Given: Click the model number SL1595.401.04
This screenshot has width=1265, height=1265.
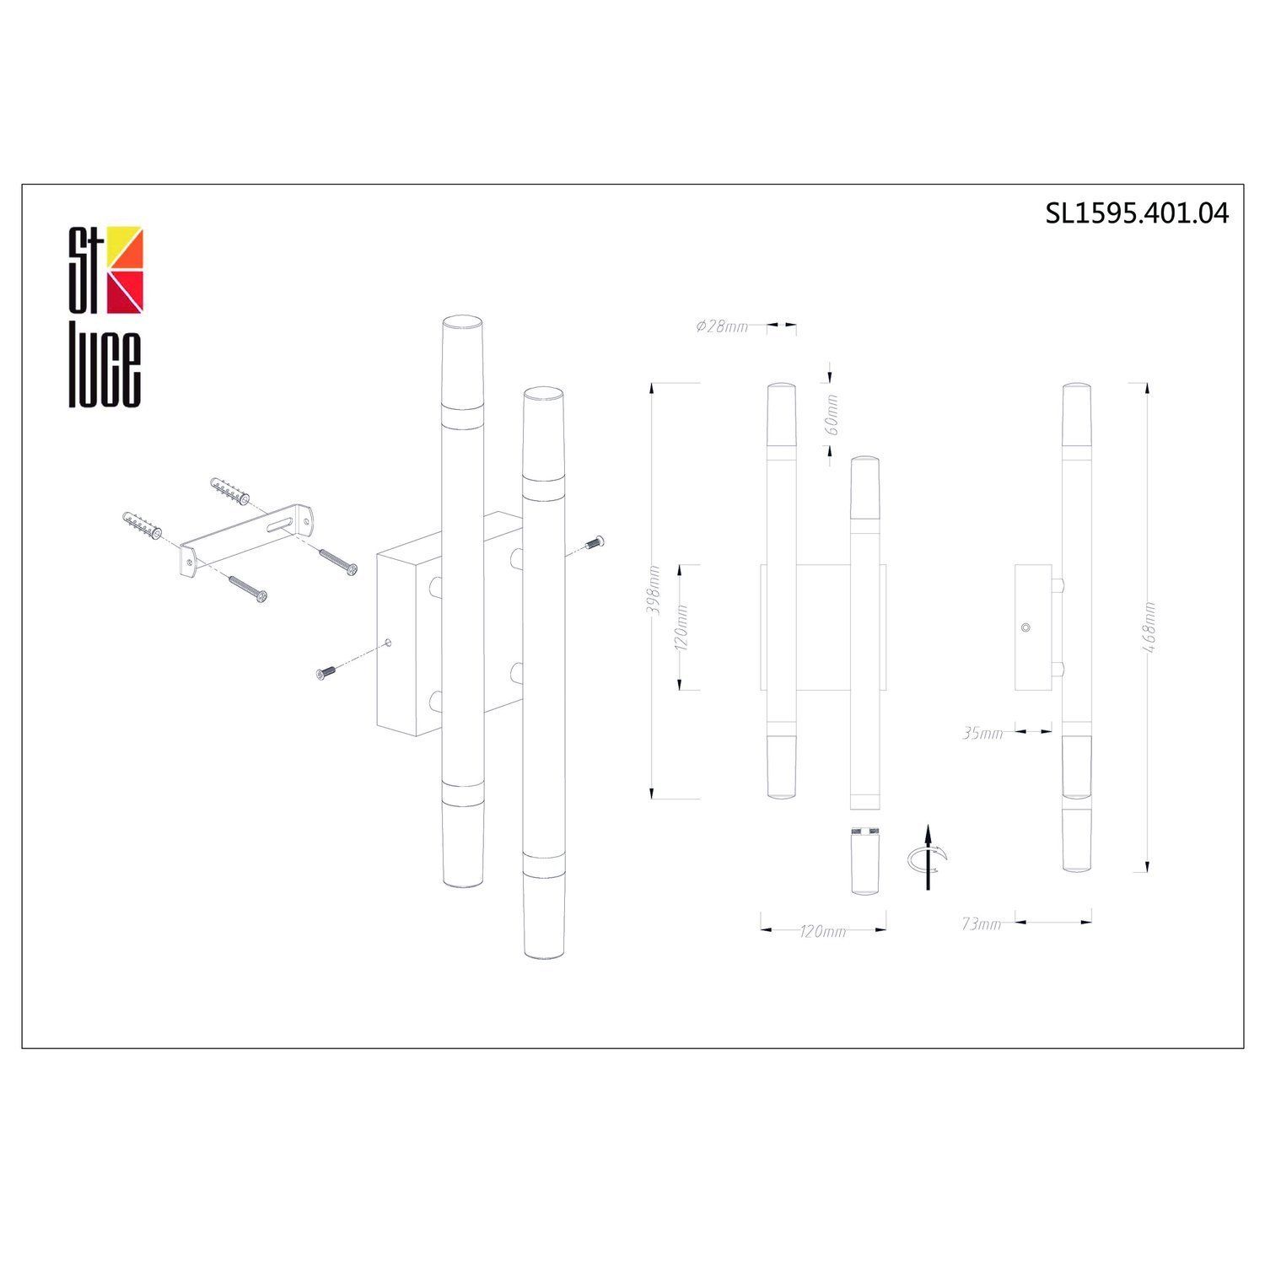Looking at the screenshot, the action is click(x=1137, y=213).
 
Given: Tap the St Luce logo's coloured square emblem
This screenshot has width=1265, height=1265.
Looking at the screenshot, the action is click(x=125, y=268).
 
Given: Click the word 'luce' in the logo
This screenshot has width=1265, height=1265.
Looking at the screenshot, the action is click(x=105, y=363).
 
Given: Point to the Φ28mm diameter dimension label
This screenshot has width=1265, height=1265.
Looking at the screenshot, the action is click(x=722, y=327).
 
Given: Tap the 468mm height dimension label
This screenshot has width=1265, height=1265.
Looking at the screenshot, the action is click(x=1149, y=627).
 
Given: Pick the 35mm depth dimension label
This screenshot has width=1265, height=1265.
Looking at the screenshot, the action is click(x=982, y=734).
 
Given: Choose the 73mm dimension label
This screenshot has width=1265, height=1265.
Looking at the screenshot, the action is click(x=981, y=924).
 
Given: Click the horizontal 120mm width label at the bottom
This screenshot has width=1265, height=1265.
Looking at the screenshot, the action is click(x=822, y=932).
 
